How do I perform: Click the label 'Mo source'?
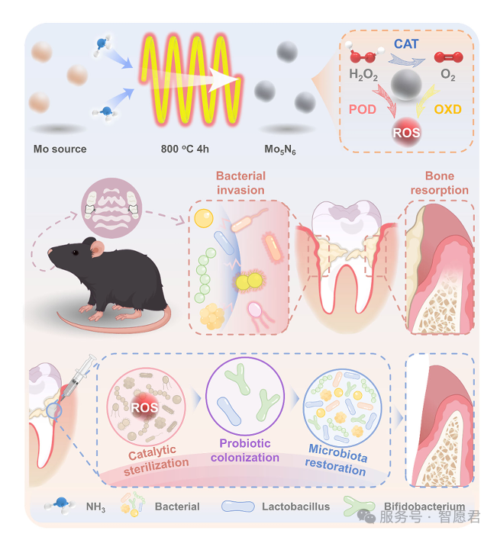[x=60, y=149]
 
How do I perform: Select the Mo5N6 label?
[x=280, y=150]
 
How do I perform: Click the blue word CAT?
[x=405, y=44]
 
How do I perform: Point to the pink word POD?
[x=363, y=109]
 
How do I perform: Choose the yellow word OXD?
[x=447, y=109]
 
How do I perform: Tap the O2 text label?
[x=449, y=75]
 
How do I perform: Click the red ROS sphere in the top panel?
[x=405, y=132]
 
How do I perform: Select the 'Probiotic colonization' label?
[x=245, y=450]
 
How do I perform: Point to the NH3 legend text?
[x=95, y=506]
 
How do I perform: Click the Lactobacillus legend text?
[x=295, y=506]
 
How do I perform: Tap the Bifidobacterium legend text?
[x=425, y=506]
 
